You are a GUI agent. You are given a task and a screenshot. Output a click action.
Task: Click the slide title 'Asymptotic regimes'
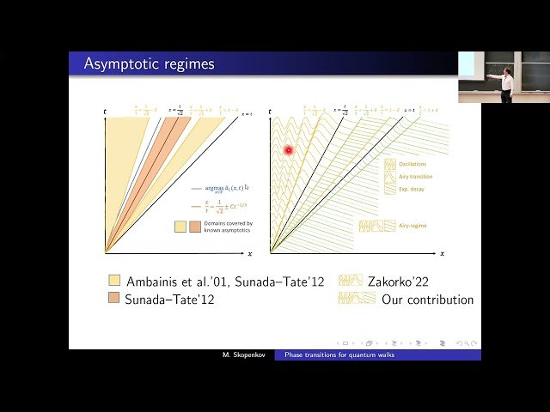tap(150, 64)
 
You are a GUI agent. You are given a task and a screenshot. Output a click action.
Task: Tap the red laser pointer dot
tap(289, 150)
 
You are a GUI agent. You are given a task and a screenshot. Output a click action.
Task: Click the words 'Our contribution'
tap(427, 300)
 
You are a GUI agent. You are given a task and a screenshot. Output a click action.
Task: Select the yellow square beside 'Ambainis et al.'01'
tap(114, 281)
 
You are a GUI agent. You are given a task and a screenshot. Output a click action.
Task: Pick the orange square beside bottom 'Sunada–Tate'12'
tap(114, 300)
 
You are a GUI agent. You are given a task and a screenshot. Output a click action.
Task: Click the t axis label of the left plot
tap(105, 112)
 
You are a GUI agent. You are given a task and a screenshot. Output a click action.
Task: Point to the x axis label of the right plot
tap(442, 254)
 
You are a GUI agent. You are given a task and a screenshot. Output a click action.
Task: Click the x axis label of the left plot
tap(249, 254)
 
